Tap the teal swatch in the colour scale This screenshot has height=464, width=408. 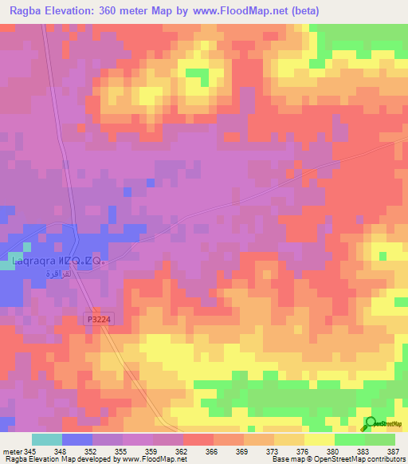pos(47,439)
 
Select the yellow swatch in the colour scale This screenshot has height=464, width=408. pos(320,439)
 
